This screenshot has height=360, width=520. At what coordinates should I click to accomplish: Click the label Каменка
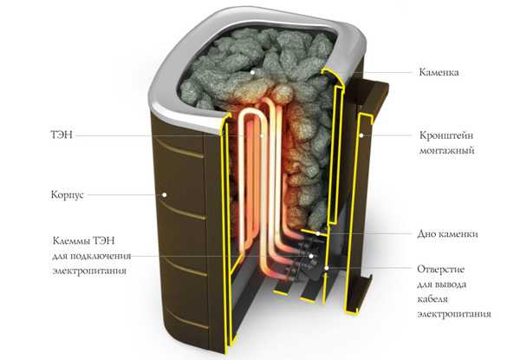pos(439,72)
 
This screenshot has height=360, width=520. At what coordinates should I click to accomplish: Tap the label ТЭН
pos(62,135)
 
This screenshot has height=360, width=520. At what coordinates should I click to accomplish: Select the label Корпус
pos(67,195)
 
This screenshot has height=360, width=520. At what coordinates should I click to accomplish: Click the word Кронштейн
pos(446,135)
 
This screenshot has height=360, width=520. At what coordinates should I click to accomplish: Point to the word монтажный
pos(446,151)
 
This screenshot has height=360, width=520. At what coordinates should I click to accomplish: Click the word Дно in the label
pos(426,233)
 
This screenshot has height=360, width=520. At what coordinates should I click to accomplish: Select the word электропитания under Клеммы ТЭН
pos(89,271)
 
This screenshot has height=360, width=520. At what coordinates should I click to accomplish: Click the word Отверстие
pos(440,269)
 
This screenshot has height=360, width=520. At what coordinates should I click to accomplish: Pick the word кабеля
pos(432,299)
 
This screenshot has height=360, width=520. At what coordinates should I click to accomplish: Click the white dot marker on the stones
pos(253,72)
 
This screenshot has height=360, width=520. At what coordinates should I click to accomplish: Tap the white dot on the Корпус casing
pos(164,195)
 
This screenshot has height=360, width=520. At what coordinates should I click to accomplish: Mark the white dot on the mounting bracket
pos(362,135)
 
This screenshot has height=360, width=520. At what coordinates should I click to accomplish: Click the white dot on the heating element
pos(262,135)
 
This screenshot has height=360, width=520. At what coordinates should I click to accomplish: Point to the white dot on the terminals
pos(311,256)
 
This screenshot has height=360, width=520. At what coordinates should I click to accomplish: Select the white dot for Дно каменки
pos(318,233)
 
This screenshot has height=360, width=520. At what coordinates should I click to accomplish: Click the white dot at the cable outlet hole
pos(327,268)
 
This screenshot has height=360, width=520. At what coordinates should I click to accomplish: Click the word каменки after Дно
pos(458,234)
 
